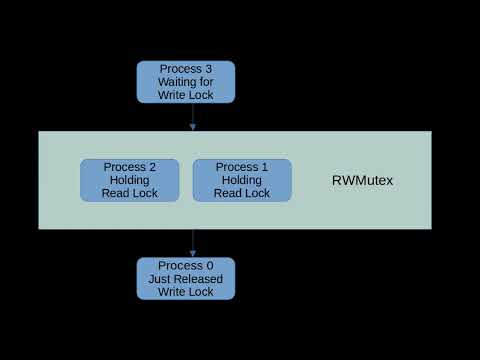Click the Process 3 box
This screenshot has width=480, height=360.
[185, 82]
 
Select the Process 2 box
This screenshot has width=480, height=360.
[130, 180]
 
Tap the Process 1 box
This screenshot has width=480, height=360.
[242, 180]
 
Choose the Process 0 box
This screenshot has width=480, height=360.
[185, 278]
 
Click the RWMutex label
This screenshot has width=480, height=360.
[362, 181]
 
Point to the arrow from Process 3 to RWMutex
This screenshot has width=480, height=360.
[192, 117]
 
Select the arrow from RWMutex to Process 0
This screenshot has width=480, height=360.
[192, 243]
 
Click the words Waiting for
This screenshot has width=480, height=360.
[185, 82]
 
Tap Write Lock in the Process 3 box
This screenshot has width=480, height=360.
[185, 95]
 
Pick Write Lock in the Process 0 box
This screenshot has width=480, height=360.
[185, 292]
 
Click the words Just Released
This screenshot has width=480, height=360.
[185, 279]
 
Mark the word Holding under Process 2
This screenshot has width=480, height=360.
[130, 180]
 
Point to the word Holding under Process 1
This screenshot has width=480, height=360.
[242, 180]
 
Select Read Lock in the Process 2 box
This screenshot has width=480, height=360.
[130, 193]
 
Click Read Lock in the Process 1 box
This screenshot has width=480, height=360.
[242, 193]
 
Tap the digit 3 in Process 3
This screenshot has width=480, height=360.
[211, 69]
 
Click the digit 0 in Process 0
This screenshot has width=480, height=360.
[211, 265]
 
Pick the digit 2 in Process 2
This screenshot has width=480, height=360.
[155, 167]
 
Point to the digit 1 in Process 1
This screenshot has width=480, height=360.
[267, 167]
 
